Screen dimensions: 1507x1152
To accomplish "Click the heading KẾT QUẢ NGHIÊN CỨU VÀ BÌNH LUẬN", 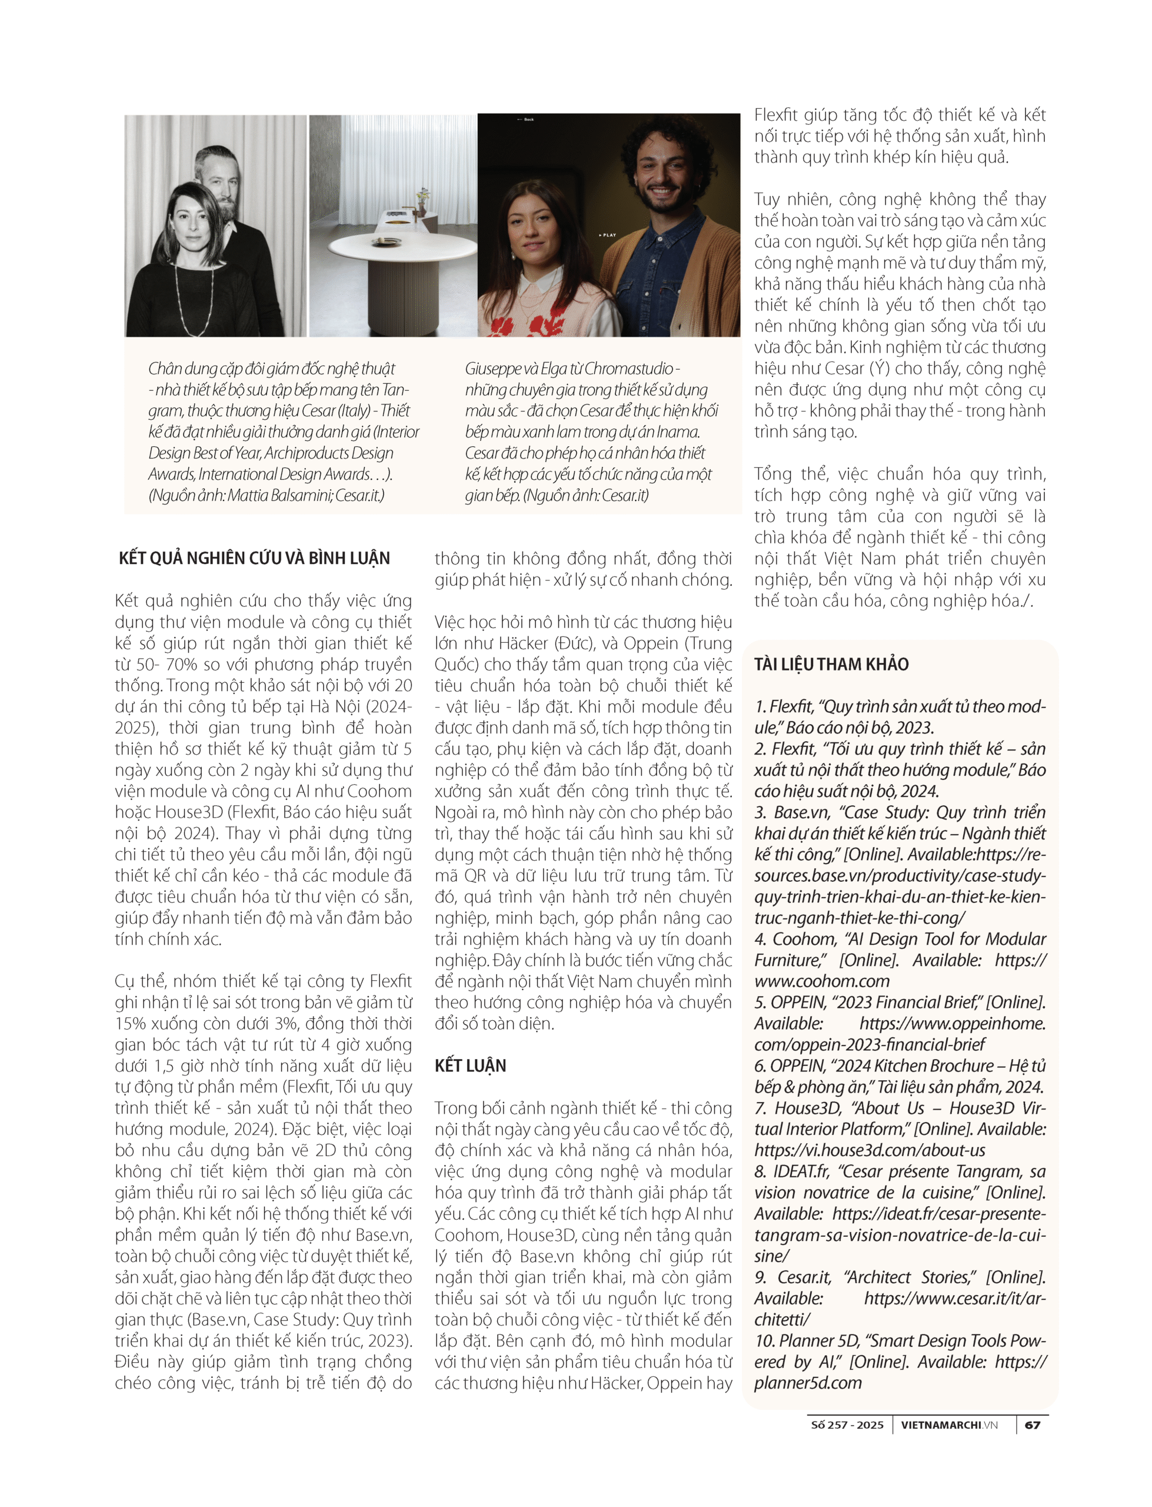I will point(254,558).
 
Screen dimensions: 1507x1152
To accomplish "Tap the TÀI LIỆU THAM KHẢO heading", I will point(831,664).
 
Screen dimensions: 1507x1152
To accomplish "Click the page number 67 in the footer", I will point(1032,1425).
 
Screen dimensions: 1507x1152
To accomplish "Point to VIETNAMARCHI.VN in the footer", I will point(949,1425).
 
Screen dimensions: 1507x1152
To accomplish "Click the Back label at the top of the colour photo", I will point(528,120).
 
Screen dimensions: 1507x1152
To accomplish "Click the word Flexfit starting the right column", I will point(779,115).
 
